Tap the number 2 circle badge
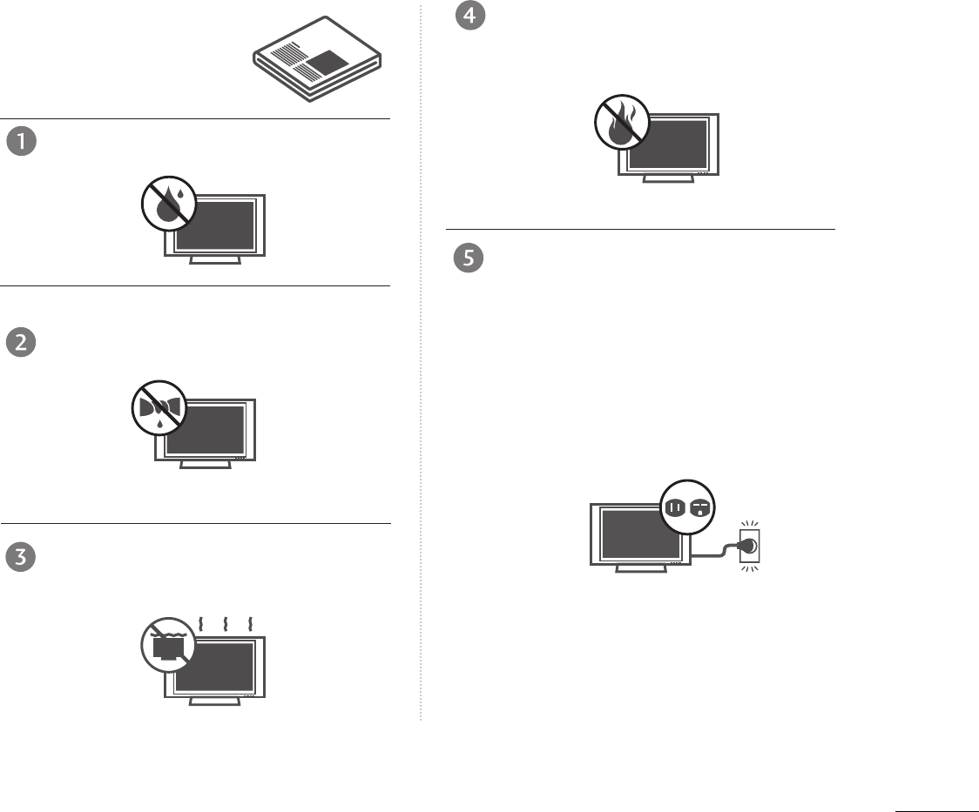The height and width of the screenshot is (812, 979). tap(21, 343)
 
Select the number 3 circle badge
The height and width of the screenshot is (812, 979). tap(21, 557)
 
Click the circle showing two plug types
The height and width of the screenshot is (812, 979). tap(688, 506)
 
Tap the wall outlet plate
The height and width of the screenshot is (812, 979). tap(749, 547)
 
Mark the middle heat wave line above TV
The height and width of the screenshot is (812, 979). tap(226, 623)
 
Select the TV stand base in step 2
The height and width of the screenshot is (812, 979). tap(206, 464)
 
